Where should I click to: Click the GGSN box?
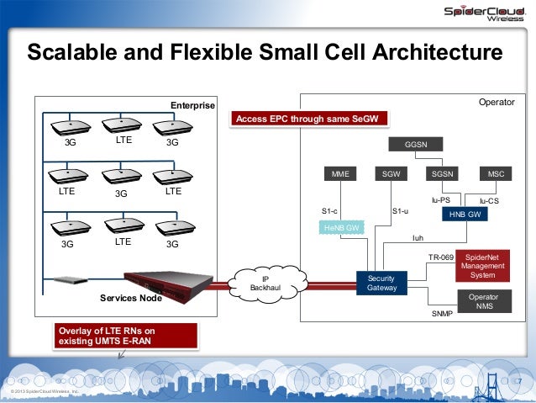coord(416,145)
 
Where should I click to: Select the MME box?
coord(340,174)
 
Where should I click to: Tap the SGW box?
coord(391,174)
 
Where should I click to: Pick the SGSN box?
coord(441,174)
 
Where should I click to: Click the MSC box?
coord(496,174)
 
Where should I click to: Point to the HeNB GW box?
coord(343,228)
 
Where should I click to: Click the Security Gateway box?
coord(381,283)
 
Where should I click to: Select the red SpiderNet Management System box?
coord(482,266)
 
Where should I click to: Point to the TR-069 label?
coord(441,257)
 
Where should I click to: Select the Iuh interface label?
coord(418,238)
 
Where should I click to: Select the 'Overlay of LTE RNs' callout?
coord(126,337)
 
